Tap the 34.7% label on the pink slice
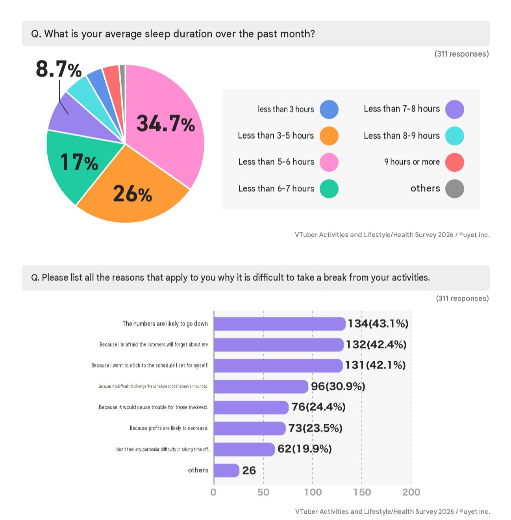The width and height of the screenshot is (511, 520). pyautogui.click(x=166, y=124)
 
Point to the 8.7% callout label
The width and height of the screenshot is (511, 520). pyautogui.click(x=59, y=69)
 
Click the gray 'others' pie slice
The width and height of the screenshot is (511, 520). pyautogui.click(x=122, y=81)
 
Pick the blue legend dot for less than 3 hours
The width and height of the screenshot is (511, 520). pyautogui.click(x=329, y=109)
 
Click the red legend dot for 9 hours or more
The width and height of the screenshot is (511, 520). pyautogui.click(x=455, y=162)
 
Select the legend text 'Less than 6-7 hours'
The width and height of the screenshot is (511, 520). pyautogui.click(x=276, y=188)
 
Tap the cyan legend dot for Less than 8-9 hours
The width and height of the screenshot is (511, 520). pyautogui.click(x=455, y=136)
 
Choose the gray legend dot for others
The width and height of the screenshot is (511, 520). pyautogui.click(x=455, y=189)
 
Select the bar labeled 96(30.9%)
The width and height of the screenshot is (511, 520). pyautogui.click(x=261, y=386)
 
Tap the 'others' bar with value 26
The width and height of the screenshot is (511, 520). pyautogui.click(x=227, y=470)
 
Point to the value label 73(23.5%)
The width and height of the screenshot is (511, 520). pyautogui.click(x=315, y=428)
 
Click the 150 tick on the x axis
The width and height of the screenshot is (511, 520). pyautogui.click(x=362, y=492)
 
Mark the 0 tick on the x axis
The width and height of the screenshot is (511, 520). pyautogui.click(x=213, y=492)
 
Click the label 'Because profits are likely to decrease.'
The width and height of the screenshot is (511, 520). pyautogui.click(x=169, y=428)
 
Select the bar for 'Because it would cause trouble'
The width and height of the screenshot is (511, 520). pyautogui.click(x=251, y=407)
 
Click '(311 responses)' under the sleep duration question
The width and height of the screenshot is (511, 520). pyautogui.click(x=461, y=54)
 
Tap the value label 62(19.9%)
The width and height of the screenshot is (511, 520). pyautogui.click(x=305, y=449)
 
